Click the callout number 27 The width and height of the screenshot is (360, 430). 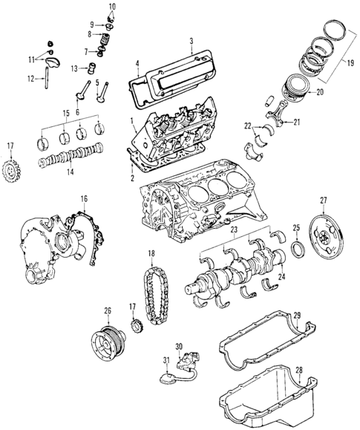click(323, 200)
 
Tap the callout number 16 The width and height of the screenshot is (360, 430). click(84, 199)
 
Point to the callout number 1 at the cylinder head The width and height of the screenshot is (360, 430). click(131, 120)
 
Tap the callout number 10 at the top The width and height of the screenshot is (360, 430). click(112, 7)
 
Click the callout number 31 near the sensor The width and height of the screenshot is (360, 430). click(166, 361)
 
